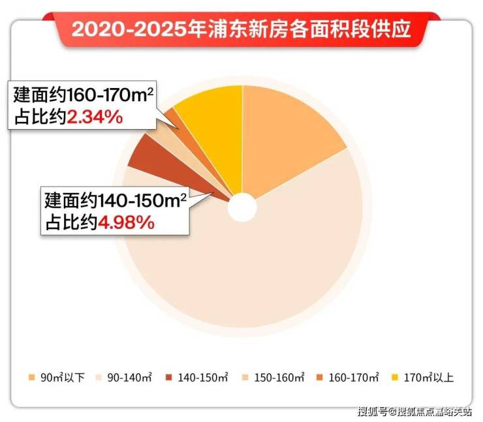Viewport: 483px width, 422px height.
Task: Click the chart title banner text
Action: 241,29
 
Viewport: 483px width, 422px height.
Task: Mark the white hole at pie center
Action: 242,207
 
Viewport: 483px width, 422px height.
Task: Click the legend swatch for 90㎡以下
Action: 31,378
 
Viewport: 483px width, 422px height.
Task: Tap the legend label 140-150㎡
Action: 204,378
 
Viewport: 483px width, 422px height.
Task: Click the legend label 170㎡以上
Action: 430,378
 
